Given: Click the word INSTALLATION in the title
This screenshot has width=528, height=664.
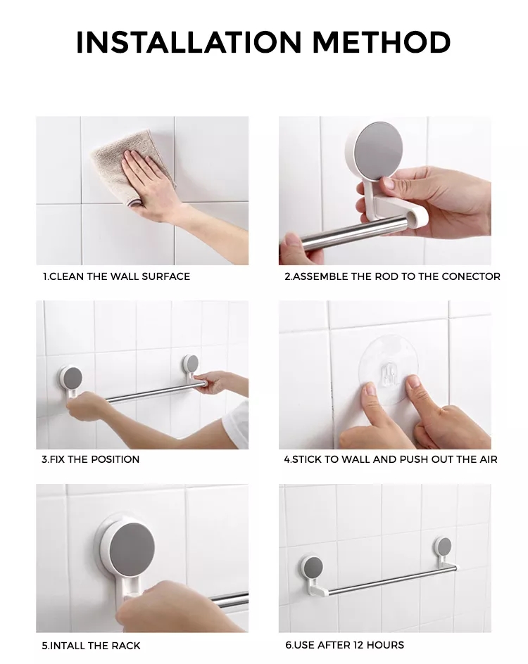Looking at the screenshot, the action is click(189, 42).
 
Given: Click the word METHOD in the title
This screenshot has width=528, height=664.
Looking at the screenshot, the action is click(382, 42).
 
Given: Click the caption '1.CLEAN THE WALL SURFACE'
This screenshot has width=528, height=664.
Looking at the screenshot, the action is click(117, 276).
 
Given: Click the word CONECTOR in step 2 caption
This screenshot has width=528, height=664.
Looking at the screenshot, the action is click(471, 276).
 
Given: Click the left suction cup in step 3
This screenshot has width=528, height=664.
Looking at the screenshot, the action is click(71, 378).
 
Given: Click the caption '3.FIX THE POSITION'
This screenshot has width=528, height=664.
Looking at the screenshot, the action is click(91, 459).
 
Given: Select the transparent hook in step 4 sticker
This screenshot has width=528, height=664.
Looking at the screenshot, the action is click(389, 373).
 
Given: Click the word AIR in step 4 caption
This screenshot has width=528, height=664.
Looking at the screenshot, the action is click(489, 459).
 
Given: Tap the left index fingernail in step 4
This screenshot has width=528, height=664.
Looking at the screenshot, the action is click(370, 388).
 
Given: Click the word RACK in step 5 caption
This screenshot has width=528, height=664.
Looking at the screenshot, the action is click(126, 646).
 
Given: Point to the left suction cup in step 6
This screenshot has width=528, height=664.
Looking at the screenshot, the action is click(312, 568).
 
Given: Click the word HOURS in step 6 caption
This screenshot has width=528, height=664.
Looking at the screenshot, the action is click(385, 645).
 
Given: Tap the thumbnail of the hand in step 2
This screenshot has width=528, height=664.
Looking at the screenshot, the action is click(388, 184).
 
